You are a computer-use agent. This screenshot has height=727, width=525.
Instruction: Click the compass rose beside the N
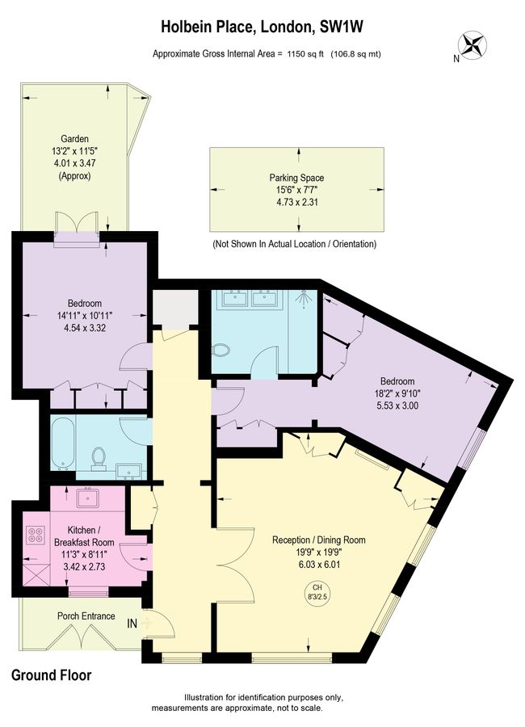click(475, 45)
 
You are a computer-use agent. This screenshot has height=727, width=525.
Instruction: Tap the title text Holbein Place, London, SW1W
click(262, 27)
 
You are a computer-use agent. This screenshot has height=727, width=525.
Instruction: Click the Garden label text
click(73, 138)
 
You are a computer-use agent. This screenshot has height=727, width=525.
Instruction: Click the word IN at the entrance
click(132, 624)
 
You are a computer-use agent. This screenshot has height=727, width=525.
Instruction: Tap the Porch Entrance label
click(83, 616)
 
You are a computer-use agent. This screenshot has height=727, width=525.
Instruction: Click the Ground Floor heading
click(52, 675)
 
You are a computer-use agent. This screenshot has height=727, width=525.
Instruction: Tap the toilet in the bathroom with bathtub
click(99, 458)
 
